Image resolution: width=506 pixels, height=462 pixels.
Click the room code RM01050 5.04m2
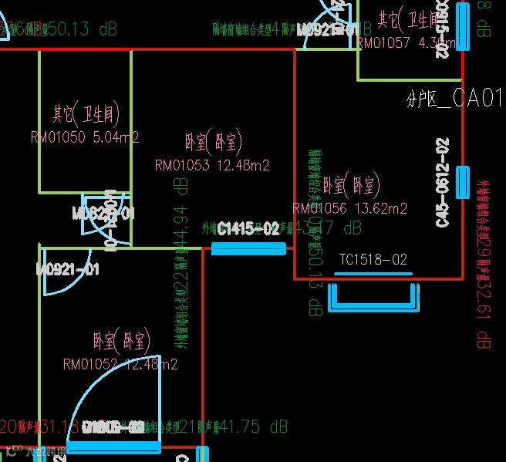point(85,138)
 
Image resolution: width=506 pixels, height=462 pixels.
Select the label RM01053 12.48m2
point(212,165)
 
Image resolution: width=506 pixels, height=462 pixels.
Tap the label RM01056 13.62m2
point(350,208)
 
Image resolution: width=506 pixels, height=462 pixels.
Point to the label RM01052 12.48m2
point(120,364)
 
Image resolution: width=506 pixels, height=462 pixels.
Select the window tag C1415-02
point(248,229)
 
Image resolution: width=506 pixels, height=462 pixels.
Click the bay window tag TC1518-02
point(373,261)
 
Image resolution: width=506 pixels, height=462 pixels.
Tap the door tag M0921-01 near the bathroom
point(68,269)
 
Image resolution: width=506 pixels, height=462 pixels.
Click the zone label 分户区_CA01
point(454,99)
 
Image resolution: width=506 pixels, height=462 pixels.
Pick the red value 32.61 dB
point(484,317)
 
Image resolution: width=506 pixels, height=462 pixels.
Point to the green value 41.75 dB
point(254,427)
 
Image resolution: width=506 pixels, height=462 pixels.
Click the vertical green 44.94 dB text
point(182,218)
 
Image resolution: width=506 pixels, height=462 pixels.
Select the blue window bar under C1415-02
point(248,248)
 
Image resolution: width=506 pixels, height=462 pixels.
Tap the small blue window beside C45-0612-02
point(462,182)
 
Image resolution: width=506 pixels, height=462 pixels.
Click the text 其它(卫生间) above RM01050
point(86,115)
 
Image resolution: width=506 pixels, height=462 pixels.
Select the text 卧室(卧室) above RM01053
point(213,142)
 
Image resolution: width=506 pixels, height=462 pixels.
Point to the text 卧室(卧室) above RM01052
point(121,340)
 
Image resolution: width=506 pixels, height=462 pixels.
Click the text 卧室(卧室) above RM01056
point(351,185)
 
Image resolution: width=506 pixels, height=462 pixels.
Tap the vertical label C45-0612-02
point(443,183)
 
